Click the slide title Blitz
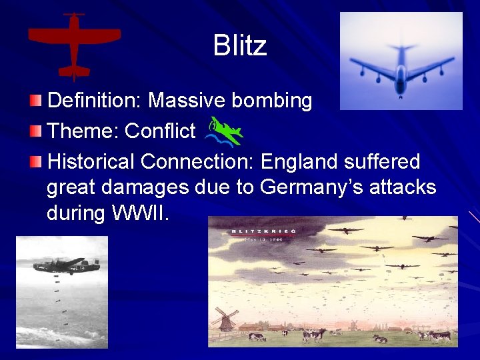240,45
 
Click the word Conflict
160,131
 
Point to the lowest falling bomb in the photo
65,325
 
